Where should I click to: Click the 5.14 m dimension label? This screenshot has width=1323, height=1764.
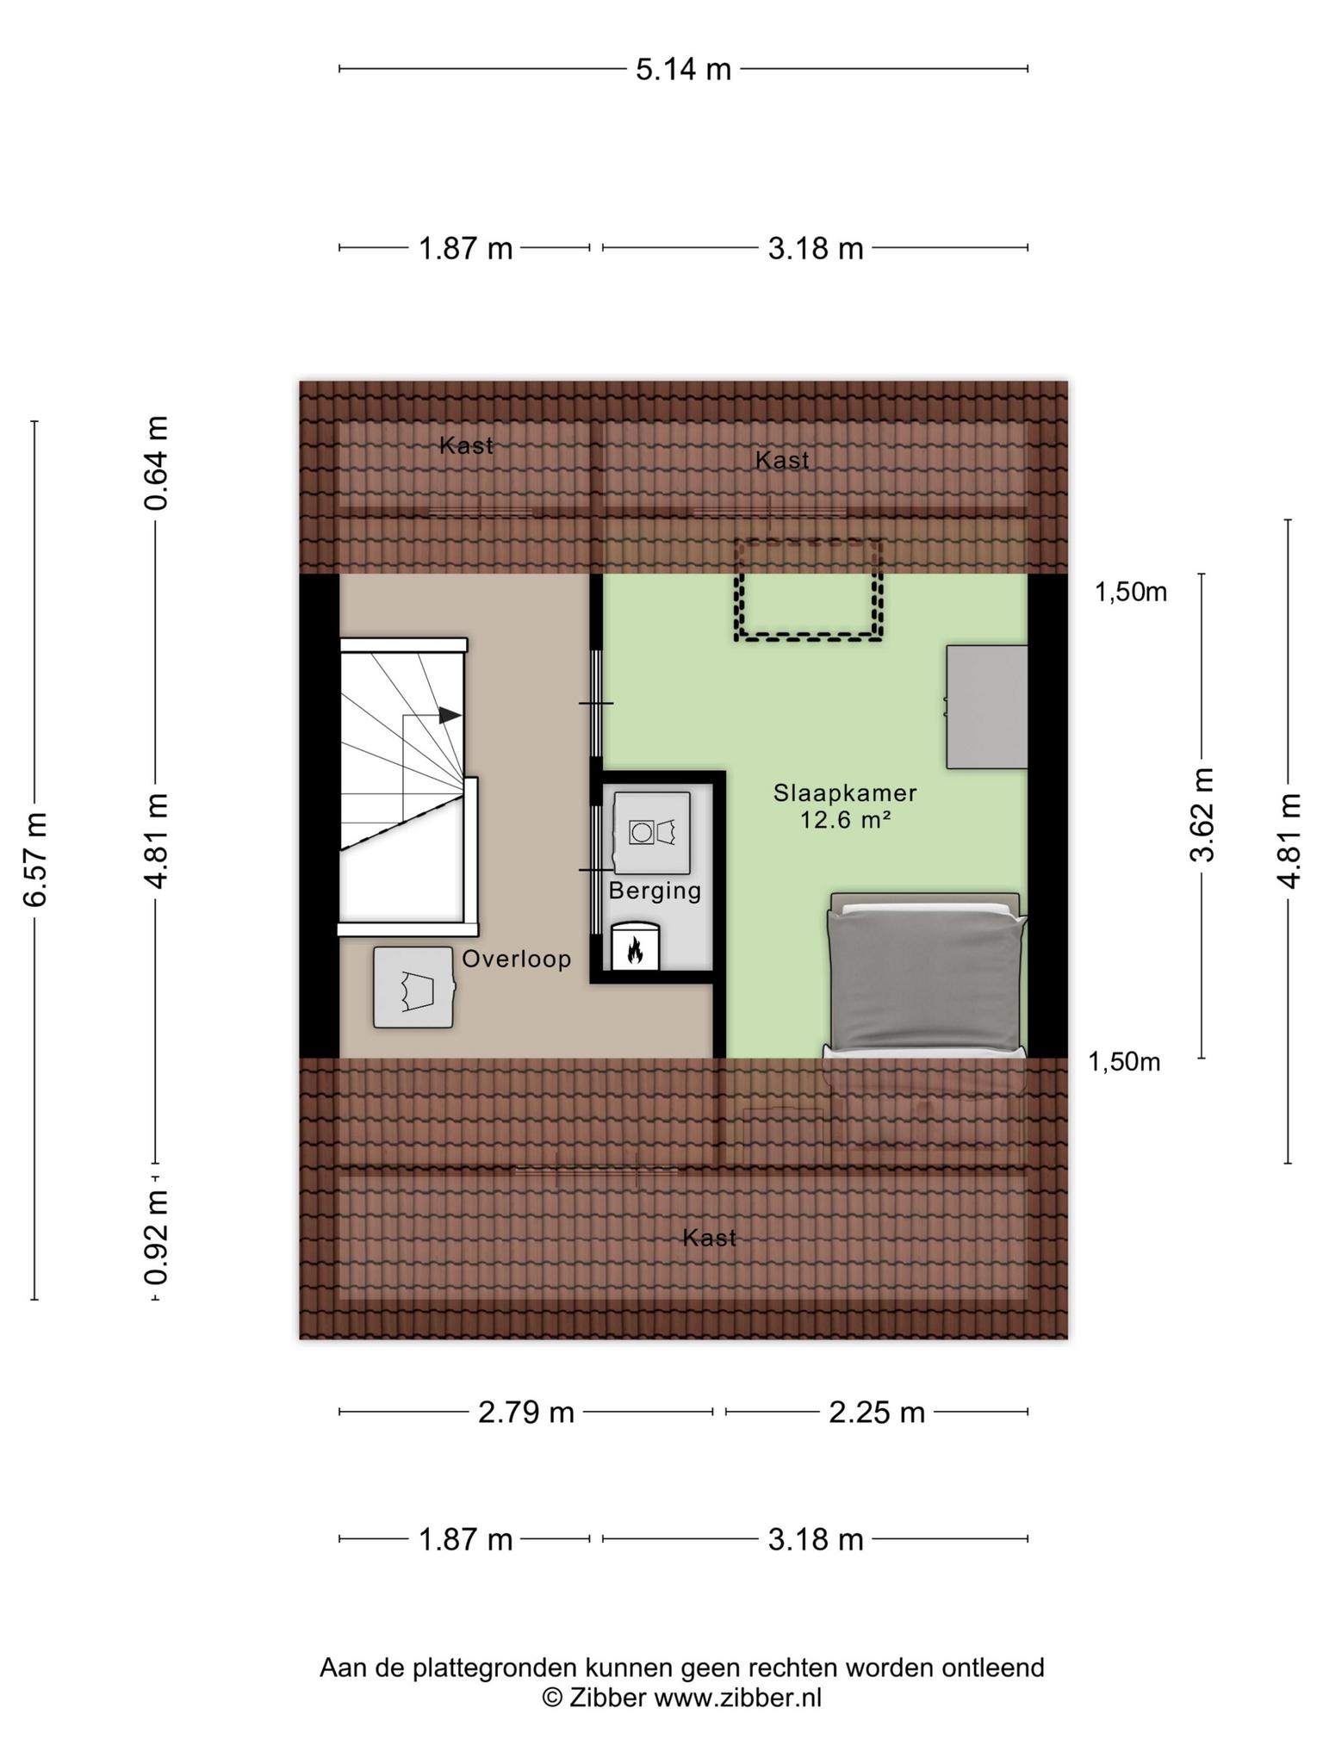click(x=683, y=69)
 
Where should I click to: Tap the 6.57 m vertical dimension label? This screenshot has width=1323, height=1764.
click(x=34, y=859)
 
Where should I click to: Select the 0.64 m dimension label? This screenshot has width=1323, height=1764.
click(x=156, y=463)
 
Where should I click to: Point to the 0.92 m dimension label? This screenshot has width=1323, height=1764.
click(x=156, y=1236)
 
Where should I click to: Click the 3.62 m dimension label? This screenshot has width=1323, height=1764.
click(x=1202, y=814)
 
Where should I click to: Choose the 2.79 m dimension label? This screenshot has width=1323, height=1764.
click(x=526, y=1413)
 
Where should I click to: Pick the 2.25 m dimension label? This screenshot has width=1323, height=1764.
click(x=877, y=1413)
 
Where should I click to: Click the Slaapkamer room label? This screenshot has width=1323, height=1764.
click(x=845, y=792)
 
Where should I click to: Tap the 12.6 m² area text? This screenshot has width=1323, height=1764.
click(x=845, y=820)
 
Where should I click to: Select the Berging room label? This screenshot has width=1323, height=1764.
click(x=655, y=891)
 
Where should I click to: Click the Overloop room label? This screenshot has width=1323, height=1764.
click(x=517, y=959)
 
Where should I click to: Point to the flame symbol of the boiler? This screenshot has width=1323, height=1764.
click(x=636, y=951)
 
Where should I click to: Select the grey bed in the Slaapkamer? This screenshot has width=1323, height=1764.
click(x=925, y=976)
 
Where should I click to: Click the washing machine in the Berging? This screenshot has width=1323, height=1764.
click(x=652, y=833)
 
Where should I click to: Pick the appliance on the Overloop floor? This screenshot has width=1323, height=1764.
click(x=414, y=987)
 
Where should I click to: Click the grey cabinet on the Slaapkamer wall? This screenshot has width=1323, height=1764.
click(x=987, y=707)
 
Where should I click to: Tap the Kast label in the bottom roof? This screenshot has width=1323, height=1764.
click(x=710, y=1239)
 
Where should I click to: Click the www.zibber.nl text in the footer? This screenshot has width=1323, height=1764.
click(x=738, y=1698)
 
